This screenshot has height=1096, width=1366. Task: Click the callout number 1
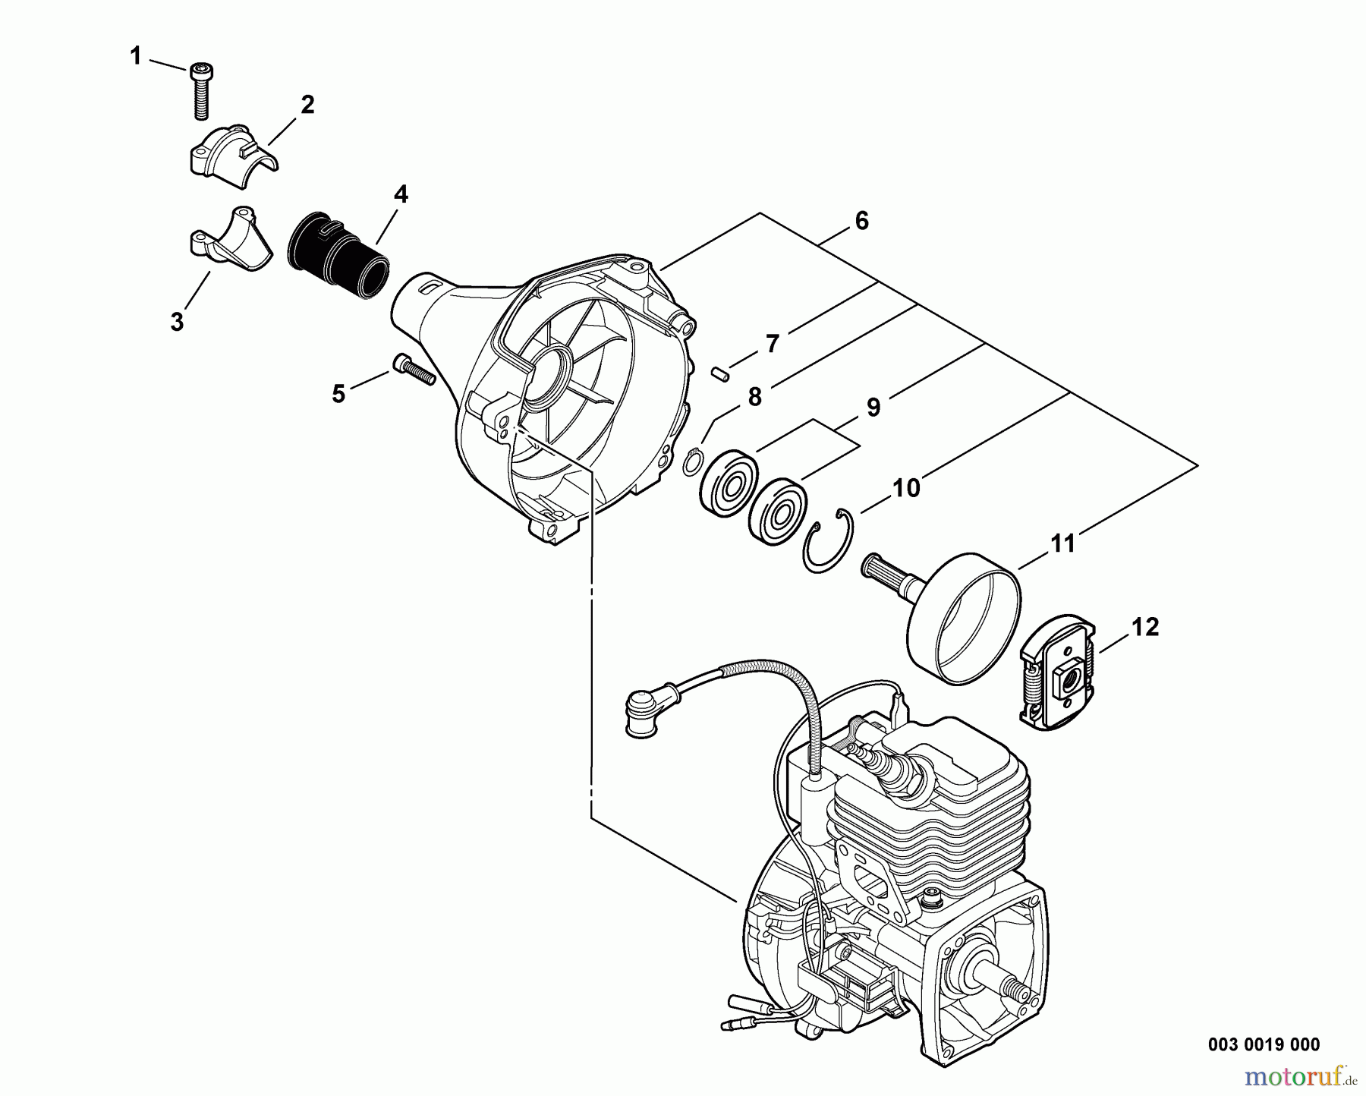[x=136, y=55]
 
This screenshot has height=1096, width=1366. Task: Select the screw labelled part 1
[x=201, y=91]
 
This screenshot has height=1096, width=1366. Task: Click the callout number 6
[x=861, y=221]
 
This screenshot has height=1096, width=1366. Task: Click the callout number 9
[x=873, y=408]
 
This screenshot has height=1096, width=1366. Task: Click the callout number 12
[x=1146, y=627]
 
